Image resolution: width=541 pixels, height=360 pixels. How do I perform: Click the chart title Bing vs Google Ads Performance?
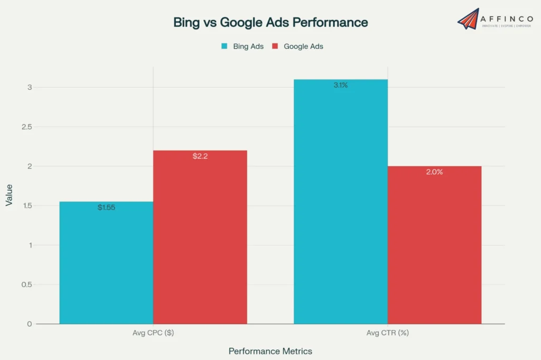270,22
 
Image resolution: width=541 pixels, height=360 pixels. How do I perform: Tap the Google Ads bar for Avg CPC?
200,238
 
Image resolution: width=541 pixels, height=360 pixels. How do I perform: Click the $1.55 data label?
106,207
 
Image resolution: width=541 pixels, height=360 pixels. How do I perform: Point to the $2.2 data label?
200,156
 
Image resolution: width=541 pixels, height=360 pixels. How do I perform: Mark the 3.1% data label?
340,85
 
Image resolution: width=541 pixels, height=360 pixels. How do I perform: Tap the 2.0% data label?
434,172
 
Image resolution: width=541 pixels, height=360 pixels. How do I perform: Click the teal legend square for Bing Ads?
224,46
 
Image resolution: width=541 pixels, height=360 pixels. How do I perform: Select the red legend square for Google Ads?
275,46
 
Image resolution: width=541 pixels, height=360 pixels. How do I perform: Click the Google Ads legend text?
303,46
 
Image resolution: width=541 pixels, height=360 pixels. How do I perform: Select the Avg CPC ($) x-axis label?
153,333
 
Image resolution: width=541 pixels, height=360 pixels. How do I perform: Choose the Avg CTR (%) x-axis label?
387,333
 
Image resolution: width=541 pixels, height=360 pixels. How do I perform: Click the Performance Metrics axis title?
270,351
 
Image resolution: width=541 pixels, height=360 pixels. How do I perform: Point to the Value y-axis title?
10,195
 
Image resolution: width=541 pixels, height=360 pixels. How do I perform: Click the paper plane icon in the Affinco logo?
468,18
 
